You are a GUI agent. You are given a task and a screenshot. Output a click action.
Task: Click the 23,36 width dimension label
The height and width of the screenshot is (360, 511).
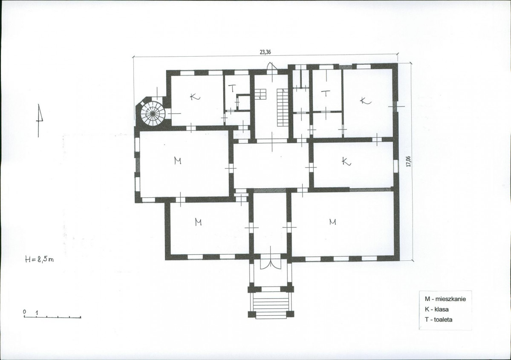pos(265,52)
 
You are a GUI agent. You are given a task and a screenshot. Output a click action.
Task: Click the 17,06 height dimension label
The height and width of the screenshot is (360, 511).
pos(408,161)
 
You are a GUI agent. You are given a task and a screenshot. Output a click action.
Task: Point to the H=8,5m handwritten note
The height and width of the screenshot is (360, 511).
pos(40,259)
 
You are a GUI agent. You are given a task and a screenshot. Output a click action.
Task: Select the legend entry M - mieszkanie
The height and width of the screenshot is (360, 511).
pos(445,299)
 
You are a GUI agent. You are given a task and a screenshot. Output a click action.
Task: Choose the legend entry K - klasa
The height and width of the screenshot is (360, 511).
pos(436,309)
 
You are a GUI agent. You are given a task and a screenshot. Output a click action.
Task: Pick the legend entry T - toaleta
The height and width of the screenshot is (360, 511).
pos(438,320)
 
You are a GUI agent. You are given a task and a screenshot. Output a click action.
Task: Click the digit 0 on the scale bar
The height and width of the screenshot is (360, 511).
pos(24,312)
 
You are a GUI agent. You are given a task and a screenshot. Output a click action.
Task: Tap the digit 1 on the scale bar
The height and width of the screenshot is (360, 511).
pos(37,313)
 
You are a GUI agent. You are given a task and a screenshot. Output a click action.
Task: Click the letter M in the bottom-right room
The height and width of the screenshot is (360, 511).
pos(332,222)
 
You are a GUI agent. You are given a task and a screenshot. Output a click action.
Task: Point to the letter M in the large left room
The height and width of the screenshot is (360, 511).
pos(178,161)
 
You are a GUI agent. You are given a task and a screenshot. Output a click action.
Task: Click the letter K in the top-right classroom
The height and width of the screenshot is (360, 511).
pos(365,101)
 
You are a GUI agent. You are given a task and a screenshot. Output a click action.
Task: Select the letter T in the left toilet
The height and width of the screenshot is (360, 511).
pos(231,88)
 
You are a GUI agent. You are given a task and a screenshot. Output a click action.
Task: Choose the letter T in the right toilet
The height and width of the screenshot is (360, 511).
pos(326,93)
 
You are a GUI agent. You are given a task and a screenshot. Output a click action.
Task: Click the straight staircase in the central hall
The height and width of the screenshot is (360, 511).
pos(283,107)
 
